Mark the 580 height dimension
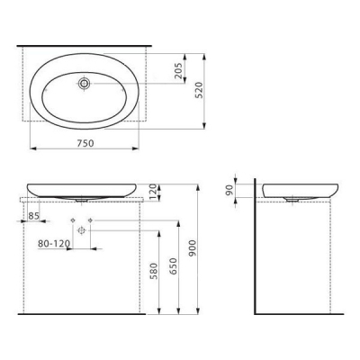click(156, 270)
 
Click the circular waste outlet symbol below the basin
click(82, 230)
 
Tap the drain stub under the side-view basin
click(292, 200)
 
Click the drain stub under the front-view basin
click(82, 200)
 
